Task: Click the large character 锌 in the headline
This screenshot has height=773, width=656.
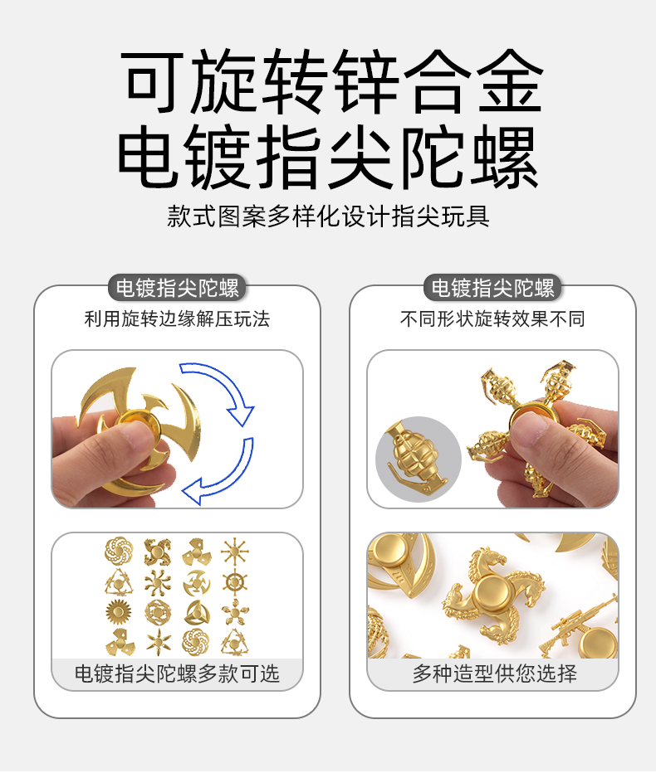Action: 365,81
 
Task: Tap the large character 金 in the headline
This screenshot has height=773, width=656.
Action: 510,81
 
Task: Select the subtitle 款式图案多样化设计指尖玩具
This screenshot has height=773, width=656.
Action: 328,216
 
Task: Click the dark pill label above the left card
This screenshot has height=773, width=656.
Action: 177,288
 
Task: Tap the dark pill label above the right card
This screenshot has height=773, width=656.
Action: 492,288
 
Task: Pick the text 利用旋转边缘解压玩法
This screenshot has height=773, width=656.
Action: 177,319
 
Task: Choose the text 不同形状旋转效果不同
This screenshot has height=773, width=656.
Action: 492,319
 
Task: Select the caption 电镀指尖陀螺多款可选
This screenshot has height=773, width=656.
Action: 177,673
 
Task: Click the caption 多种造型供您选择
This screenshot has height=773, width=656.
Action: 495,673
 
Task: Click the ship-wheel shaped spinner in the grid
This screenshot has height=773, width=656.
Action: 235,582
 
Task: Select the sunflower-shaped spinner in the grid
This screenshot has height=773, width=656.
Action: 119,612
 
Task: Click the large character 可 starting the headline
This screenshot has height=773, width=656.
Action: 153,81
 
